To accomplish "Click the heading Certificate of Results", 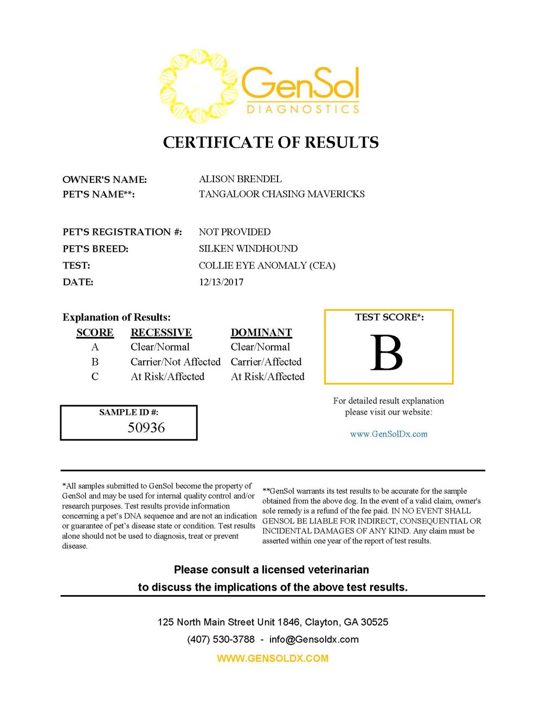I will pyautogui.click(x=270, y=142).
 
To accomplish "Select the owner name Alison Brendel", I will pyautogui.click(x=240, y=179).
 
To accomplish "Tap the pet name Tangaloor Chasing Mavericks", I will pyautogui.click(x=281, y=194).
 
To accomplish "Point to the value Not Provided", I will pyautogui.click(x=234, y=232).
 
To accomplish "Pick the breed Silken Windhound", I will pyautogui.click(x=248, y=249).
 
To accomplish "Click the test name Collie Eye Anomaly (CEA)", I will pyautogui.click(x=267, y=266).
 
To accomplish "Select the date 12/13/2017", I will pyautogui.click(x=221, y=282).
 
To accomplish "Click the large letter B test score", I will pyautogui.click(x=386, y=353).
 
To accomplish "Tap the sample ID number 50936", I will pyautogui.click(x=146, y=428).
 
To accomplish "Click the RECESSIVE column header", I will pyautogui.click(x=161, y=333).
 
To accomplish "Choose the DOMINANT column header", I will pyautogui.click(x=261, y=333).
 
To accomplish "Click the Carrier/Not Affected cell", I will pyautogui.click(x=175, y=362).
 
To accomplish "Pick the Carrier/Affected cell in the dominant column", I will pyautogui.click(x=266, y=362).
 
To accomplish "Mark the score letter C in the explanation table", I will pyautogui.click(x=95, y=376).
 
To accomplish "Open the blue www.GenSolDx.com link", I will pyautogui.click(x=389, y=434).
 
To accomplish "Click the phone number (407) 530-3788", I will pyautogui.click(x=221, y=639).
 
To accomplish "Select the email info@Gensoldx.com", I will pyautogui.click(x=314, y=639).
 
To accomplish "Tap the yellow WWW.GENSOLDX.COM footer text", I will pyautogui.click(x=273, y=659).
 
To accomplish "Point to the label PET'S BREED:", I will pyautogui.click(x=95, y=249).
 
